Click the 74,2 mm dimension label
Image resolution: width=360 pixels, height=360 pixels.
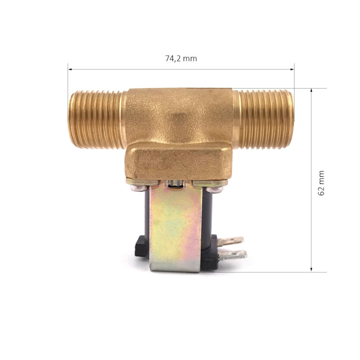click(181, 59)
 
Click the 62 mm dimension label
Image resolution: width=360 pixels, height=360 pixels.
click(321, 183)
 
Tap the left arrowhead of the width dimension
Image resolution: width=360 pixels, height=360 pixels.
click(70, 69)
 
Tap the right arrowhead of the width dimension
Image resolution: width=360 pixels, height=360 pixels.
click(292, 69)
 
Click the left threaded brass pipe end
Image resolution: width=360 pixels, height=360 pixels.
click(98, 120)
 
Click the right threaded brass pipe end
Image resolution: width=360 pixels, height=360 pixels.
click(264, 120)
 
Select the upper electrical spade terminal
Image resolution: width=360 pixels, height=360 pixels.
click(230, 241)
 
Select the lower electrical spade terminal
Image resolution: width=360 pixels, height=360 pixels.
click(232, 255)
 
